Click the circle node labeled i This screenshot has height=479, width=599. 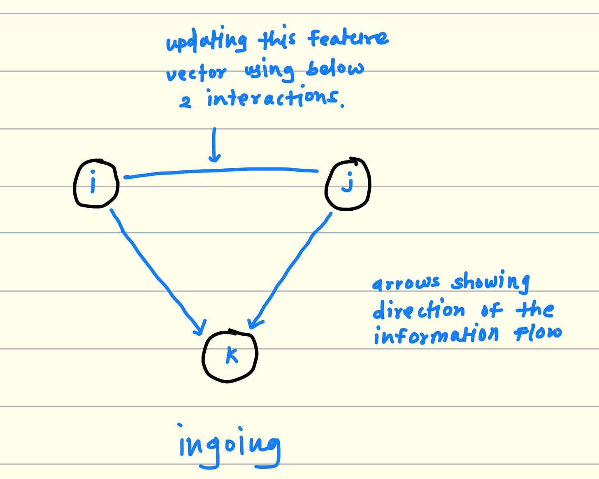pos(96,184)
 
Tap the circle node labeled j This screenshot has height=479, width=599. pos(348,184)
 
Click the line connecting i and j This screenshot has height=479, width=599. pos(221,171)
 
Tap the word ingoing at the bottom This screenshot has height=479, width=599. pos(229,447)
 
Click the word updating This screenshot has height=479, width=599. pos(206,42)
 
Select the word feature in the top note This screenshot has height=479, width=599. pos(348,38)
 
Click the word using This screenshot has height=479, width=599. pos(269,71)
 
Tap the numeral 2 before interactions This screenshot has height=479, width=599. pos(185,101)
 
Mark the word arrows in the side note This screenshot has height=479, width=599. pos(406,283)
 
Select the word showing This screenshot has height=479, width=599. pos(490,282)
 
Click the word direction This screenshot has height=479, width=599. pos(419,309)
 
